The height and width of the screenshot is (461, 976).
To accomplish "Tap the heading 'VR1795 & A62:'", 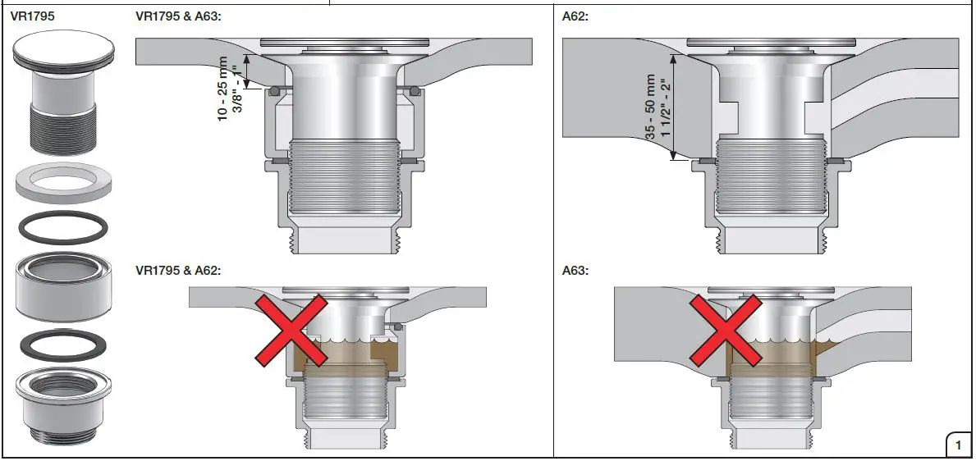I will pos(178,270).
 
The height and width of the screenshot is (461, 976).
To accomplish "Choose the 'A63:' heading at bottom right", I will pos(576,270).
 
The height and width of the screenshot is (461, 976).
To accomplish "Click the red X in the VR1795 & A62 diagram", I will pos(291,331).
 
